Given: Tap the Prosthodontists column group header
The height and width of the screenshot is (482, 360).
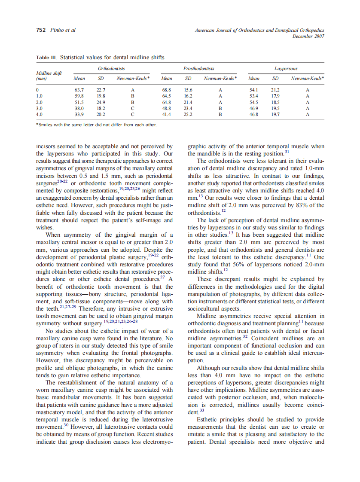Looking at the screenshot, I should click(198, 68).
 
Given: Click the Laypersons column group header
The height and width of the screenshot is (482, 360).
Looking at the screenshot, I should click(286, 68).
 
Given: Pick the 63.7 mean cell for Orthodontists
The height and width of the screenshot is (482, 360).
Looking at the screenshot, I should click(79, 90).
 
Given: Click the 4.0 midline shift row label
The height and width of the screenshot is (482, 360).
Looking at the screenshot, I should click(40, 115).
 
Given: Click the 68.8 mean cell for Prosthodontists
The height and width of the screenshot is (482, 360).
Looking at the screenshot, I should click(166, 90).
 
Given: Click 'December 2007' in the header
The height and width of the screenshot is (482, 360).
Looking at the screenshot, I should click(308, 36).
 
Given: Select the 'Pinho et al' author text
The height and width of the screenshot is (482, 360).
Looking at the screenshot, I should click(63, 31).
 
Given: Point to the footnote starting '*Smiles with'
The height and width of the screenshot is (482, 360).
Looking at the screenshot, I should click(96, 125).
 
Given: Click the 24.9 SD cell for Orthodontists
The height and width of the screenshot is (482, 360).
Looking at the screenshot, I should click(101, 102).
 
